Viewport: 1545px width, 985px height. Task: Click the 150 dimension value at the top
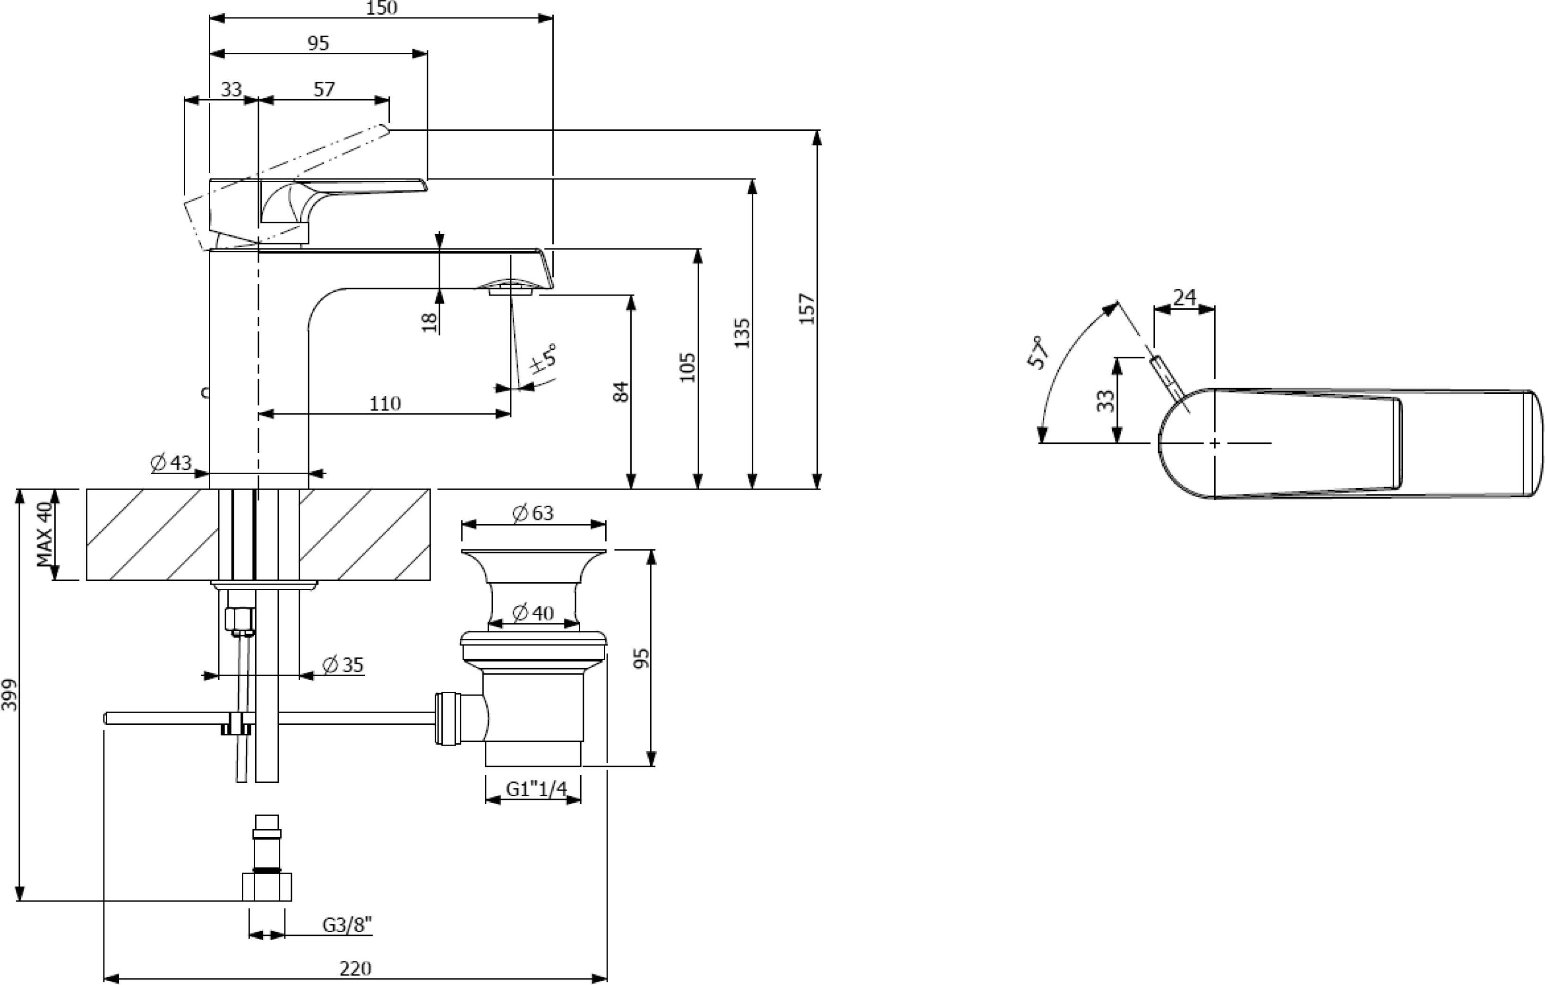click(381, 8)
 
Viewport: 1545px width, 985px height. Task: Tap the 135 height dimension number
click(742, 333)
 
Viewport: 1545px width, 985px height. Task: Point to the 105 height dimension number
click(687, 367)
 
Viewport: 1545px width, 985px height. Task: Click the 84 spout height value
click(621, 391)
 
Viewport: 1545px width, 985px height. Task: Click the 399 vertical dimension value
click(9, 695)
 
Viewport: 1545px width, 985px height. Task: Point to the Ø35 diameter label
click(343, 665)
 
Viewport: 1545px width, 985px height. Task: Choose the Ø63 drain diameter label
click(532, 513)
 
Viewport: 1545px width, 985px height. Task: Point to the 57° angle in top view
click(1038, 352)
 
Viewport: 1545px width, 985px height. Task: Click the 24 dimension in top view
click(1184, 297)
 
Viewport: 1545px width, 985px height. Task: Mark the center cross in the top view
click(1215, 443)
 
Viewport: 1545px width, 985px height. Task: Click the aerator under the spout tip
click(511, 290)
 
